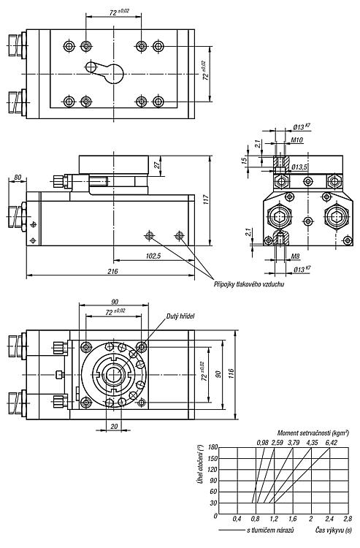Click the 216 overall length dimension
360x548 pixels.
(112, 271)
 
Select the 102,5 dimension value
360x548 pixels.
(153, 256)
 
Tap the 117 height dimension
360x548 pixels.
(206, 200)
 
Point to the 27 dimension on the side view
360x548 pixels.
(157, 164)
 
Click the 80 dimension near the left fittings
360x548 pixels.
(17, 178)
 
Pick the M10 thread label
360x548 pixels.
(296, 140)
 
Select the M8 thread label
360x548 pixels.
(296, 256)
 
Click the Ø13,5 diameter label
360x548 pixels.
(299, 167)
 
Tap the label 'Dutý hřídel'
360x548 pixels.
(180, 316)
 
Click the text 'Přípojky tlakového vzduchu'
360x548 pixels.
(249, 283)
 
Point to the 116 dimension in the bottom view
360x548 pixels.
(231, 375)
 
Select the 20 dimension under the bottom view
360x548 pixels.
(114, 427)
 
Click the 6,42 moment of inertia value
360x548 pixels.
(332, 443)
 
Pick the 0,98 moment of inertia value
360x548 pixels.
(262, 443)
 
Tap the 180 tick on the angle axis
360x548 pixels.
(212, 447)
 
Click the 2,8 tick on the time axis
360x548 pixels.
(348, 519)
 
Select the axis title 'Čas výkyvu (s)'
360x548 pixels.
(334, 530)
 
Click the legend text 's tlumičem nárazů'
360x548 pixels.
(270, 530)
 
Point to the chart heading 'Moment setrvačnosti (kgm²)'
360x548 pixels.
(313, 433)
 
